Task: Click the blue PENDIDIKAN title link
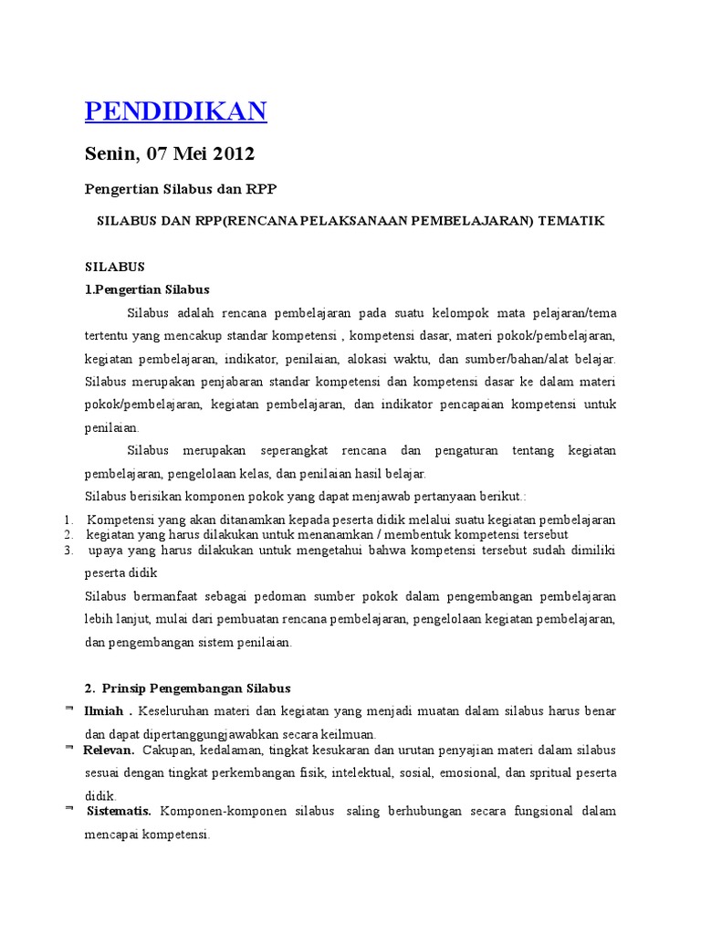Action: click(175, 111)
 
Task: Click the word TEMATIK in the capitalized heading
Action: click(572, 222)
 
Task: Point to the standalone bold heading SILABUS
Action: click(115, 267)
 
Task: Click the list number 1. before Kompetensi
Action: click(68, 520)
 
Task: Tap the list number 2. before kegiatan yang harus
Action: click(68, 533)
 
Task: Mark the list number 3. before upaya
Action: click(68, 551)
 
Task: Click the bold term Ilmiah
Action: click(104, 710)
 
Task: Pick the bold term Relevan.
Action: click(109, 750)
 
